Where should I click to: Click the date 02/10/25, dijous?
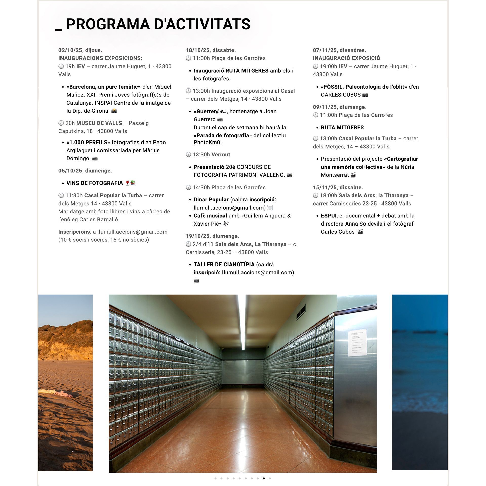(x=80, y=50)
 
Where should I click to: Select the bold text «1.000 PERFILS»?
(x=88, y=142)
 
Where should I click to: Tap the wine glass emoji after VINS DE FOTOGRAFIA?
(x=127, y=183)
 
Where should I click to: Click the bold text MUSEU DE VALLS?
(x=99, y=123)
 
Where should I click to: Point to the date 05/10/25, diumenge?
(x=85, y=171)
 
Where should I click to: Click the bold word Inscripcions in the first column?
(x=74, y=232)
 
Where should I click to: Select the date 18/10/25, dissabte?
(x=211, y=50)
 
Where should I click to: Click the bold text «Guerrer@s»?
(x=210, y=111)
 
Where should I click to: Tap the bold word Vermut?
(x=221, y=154)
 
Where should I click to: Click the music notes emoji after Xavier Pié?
(x=226, y=224)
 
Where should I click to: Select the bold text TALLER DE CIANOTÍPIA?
(x=224, y=264)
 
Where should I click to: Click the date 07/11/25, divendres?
(x=339, y=50)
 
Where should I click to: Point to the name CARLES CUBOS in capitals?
(x=341, y=95)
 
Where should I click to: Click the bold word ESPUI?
(x=329, y=216)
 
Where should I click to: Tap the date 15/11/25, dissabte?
(x=338, y=187)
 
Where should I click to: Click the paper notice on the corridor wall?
(x=357, y=342)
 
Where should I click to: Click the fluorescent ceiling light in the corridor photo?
(x=242, y=321)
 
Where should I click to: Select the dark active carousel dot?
(x=264, y=478)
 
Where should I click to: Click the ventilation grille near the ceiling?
(x=301, y=312)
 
